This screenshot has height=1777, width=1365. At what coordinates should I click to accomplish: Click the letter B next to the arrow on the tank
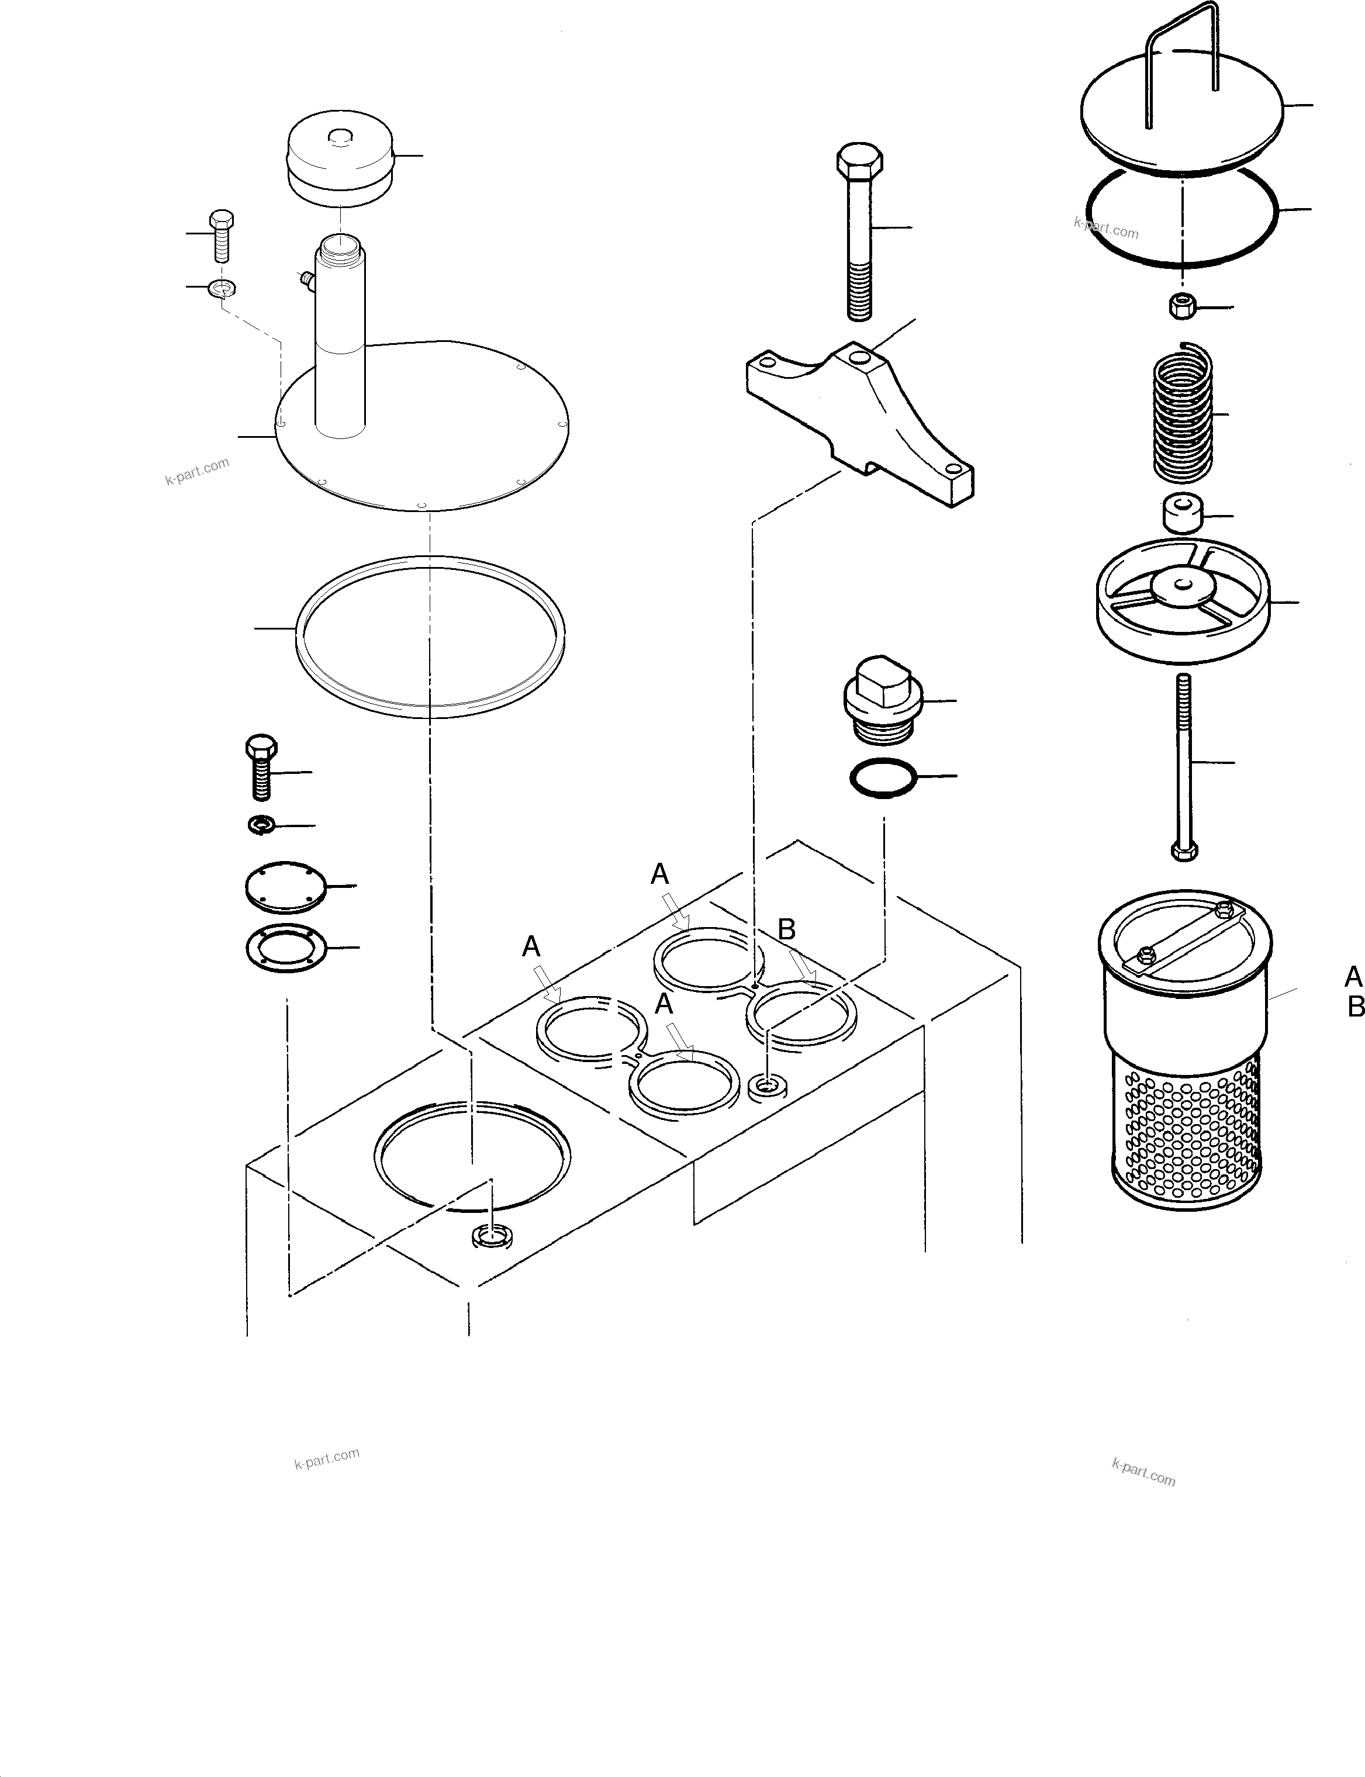click(786, 929)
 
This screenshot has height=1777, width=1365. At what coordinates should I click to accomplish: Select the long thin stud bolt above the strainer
click(1184, 764)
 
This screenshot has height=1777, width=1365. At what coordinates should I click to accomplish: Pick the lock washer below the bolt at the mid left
click(262, 825)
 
